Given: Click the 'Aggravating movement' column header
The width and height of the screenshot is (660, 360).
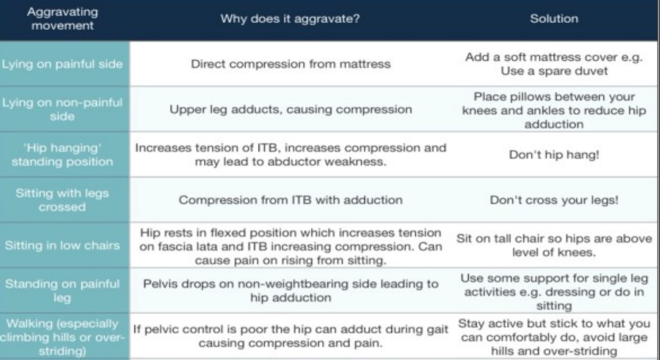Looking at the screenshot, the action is click(x=62, y=19).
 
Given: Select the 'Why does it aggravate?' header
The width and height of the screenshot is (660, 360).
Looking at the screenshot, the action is click(x=290, y=19).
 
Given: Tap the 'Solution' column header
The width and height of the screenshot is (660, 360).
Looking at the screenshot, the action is click(x=554, y=19).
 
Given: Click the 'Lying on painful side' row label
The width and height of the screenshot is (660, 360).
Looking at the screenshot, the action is click(x=62, y=64).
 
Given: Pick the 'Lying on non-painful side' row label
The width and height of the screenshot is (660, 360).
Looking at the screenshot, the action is click(x=62, y=109).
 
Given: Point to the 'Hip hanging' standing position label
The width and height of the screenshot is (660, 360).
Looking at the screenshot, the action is click(x=62, y=155).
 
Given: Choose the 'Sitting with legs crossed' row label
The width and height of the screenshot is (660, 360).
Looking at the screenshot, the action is click(x=62, y=200).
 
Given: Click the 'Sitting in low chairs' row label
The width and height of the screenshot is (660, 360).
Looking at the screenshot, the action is click(x=62, y=245).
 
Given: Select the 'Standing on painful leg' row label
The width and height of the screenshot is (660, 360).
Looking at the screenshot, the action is click(x=62, y=291).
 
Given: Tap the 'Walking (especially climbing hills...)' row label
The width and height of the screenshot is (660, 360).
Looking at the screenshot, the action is click(x=62, y=337).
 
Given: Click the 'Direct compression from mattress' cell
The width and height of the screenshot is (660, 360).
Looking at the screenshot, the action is click(x=291, y=64).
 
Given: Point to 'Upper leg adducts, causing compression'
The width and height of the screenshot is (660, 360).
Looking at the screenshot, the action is click(x=291, y=109).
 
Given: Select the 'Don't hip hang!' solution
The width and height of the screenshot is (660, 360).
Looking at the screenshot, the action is click(x=554, y=155).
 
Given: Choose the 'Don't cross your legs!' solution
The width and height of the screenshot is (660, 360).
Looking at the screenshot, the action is click(x=554, y=200).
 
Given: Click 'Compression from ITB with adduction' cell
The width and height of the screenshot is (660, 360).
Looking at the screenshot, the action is click(x=291, y=200).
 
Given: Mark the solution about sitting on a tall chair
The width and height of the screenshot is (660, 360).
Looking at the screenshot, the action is click(x=554, y=245).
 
